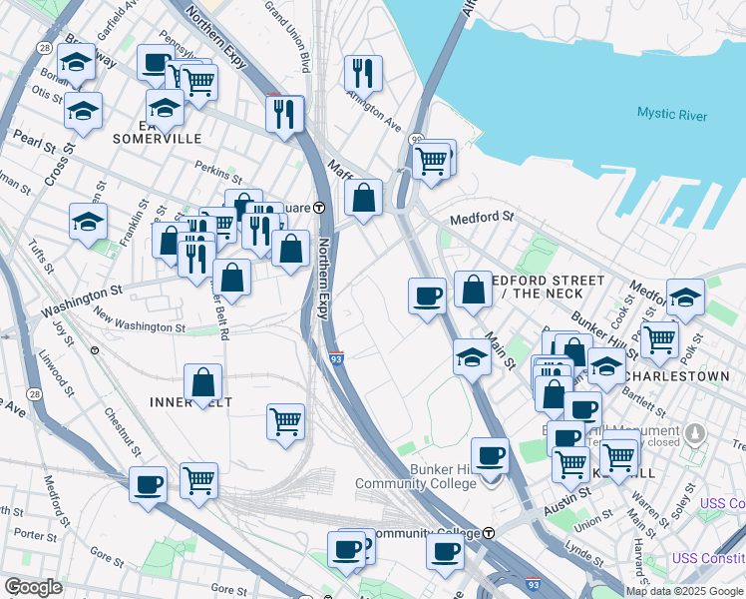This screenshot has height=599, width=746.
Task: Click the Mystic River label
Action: [672, 116]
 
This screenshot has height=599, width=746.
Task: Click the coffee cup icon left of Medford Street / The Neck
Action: [427, 297]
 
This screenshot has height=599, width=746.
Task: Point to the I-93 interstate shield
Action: [338, 357]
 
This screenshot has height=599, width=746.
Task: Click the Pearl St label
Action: [34, 139]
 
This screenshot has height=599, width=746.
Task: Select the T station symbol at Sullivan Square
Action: [319, 208]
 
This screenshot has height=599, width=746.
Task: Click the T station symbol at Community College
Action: [489, 533]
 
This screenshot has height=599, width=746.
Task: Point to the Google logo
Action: [33, 587]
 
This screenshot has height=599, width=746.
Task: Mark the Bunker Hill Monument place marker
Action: [696, 432]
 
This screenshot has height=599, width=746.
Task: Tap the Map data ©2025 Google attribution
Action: [683, 591]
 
